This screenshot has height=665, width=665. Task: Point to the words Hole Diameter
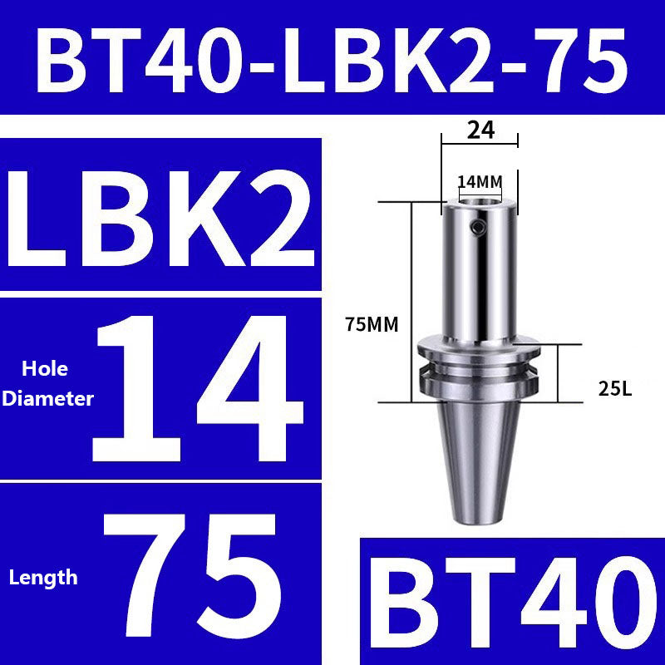point(47,384)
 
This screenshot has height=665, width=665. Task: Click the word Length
point(43,577)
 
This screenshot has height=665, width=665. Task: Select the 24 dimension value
point(480,130)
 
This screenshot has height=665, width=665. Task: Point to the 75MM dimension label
point(371,326)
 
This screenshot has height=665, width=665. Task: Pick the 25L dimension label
point(614,387)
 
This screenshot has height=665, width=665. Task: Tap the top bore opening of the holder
point(480,199)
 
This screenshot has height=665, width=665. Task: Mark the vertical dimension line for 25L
point(559,372)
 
